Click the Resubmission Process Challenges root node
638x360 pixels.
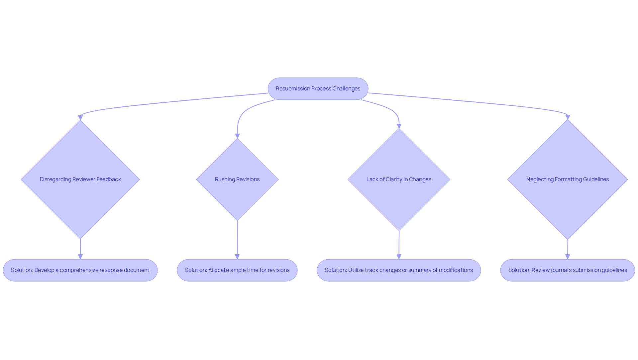click(318, 89)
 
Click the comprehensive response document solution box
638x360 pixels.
click(80, 270)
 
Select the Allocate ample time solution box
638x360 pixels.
click(237, 270)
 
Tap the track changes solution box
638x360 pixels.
click(399, 270)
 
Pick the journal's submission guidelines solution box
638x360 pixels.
click(567, 270)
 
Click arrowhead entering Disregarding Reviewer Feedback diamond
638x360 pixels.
click(80, 118)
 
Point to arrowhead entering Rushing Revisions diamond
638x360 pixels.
click(237, 136)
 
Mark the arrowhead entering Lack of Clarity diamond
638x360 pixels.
click(399, 126)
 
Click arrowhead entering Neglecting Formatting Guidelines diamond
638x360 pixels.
click(568, 117)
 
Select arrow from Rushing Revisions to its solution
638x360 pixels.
click(237, 239)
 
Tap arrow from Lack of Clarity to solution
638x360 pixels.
click(399, 244)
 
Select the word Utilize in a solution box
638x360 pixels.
click(356, 270)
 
